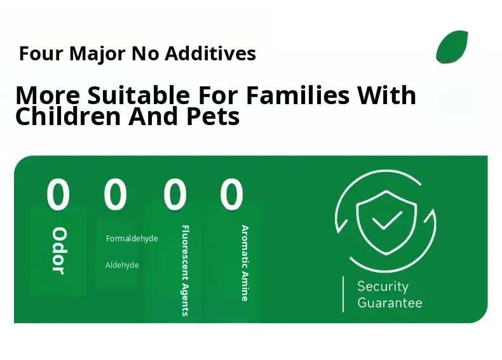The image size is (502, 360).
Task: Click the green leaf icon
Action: pos(452,47)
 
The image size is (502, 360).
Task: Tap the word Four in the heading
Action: pos(41,53)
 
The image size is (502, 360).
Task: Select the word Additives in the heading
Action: pos(210,53)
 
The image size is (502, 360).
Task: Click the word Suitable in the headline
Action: pos(139,95)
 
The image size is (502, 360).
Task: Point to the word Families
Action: pos(298,95)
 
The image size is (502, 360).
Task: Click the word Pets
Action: pos(213,116)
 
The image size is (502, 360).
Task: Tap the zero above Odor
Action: pos(58,194)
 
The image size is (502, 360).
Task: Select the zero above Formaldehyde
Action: pos(115,194)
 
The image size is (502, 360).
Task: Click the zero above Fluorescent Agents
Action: pos(175,194)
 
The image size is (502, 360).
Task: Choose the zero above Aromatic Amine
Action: pos(231,194)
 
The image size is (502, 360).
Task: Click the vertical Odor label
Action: pos(59,251)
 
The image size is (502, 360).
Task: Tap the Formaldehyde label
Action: pos(132,239)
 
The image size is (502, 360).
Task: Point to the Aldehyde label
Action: pos(122,265)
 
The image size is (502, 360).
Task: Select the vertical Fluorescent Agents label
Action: pos(186,270)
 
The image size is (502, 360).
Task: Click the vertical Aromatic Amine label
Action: pos(245,263)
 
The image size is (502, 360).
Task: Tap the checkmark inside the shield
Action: pos(387,220)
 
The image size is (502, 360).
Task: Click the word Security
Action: pos(383,286)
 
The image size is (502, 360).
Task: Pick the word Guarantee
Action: pos(390,303)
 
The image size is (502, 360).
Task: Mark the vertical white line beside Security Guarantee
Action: pos(343,294)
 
